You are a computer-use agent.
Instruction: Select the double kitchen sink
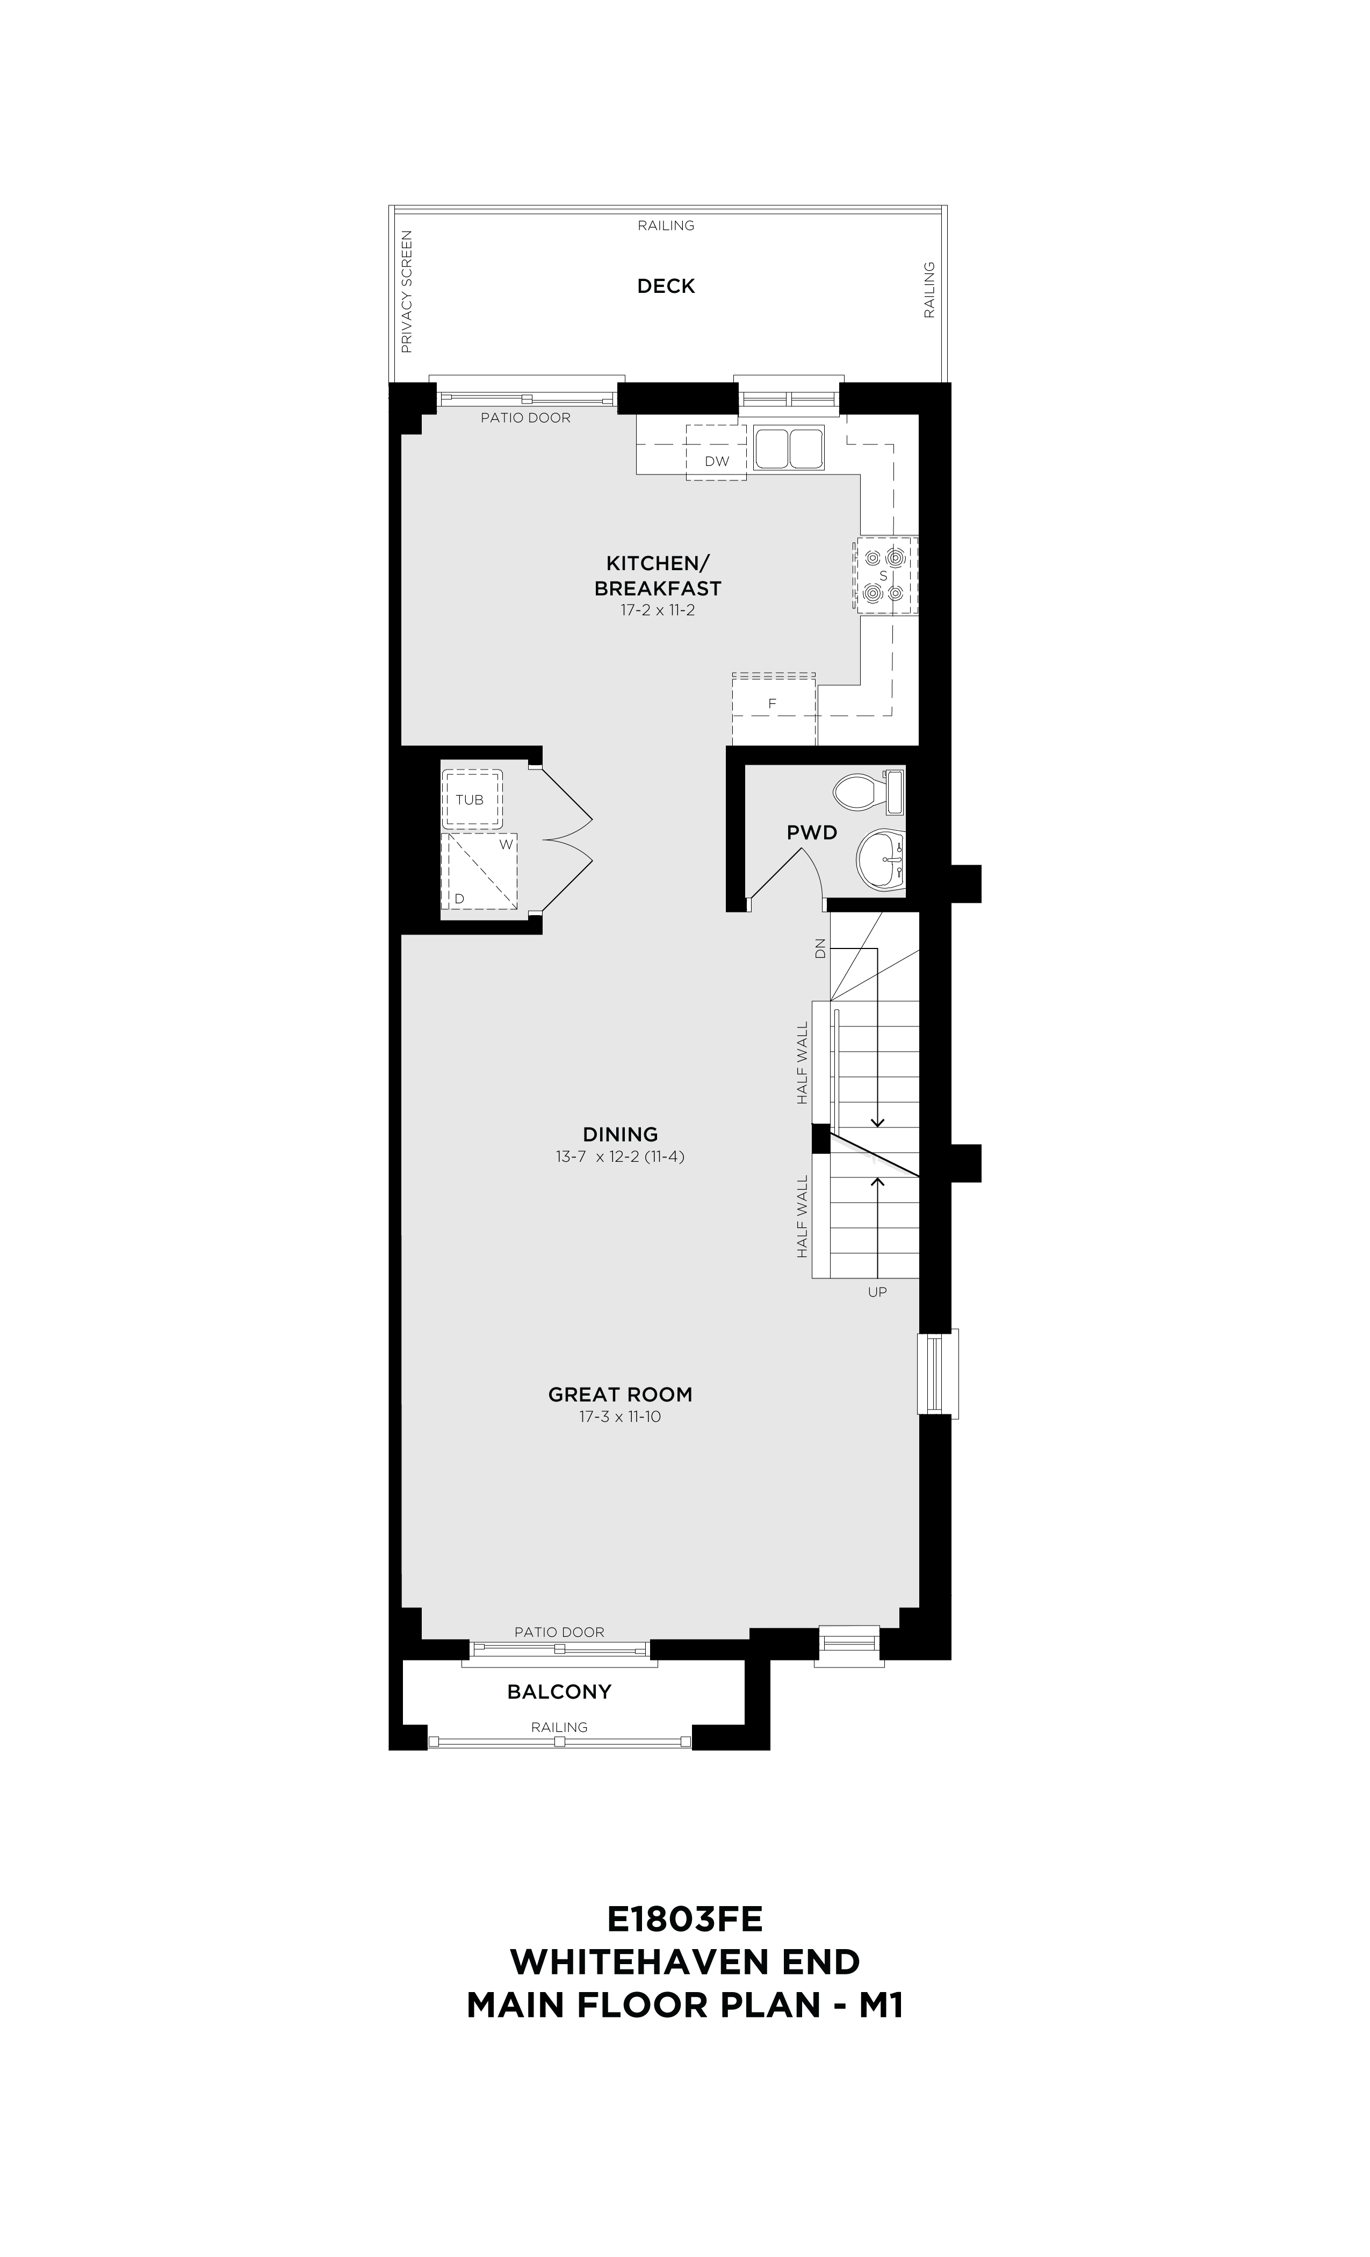pos(789,447)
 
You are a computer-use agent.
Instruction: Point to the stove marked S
pos(885,575)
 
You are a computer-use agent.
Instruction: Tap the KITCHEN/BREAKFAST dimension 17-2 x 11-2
pos(658,610)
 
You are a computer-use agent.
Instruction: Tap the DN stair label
pos(820,948)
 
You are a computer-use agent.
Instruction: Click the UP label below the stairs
pos(877,1291)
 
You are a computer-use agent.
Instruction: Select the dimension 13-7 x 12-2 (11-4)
pos(620,1157)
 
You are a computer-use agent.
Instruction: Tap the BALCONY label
pos(559,1692)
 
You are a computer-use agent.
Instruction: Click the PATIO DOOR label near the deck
pos(525,418)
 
